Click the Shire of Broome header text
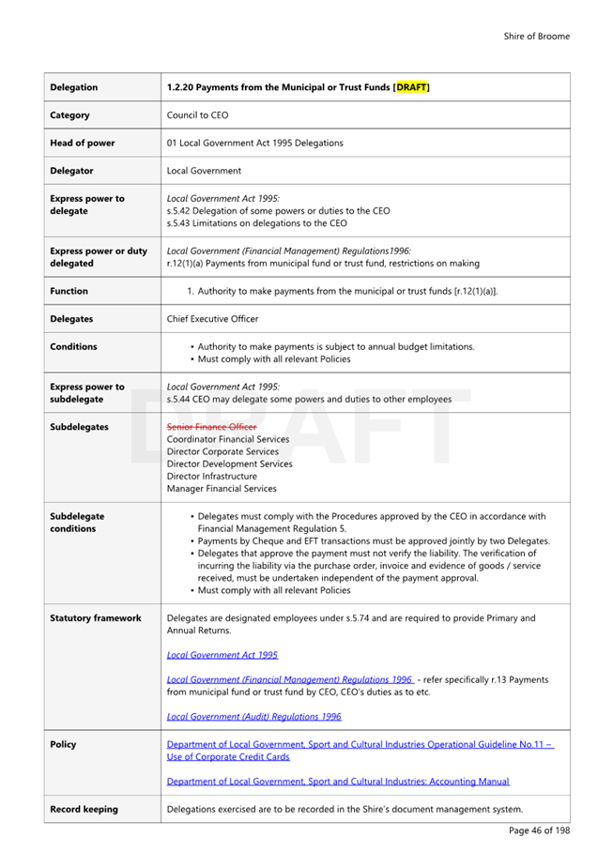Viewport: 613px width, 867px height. click(536, 37)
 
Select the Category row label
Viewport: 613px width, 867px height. click(70, 115)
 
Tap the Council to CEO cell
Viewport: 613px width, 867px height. click(197, 115)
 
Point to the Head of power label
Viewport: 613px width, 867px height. click(83, 143)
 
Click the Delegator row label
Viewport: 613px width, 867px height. click(71, 171)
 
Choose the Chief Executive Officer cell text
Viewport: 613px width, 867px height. click(212, 319)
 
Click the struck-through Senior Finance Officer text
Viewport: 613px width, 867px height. click(211, 427)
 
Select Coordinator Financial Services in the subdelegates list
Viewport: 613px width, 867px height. click(228, 439)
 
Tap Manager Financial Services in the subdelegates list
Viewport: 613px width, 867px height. click(222, 488)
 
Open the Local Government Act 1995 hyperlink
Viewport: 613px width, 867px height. click(222, 655)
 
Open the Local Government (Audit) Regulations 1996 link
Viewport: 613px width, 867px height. click(253, 716)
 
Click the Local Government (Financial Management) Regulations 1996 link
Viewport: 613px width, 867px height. click(289, 679)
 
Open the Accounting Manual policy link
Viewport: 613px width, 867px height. click(338, 781)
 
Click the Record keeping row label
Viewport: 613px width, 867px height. click(84, 809)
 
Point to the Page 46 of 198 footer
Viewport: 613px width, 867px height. click(539, 830)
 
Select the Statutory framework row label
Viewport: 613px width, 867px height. click(96, 618)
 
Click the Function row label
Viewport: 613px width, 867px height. click(69, 291)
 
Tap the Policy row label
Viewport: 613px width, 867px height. click(64, 744)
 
